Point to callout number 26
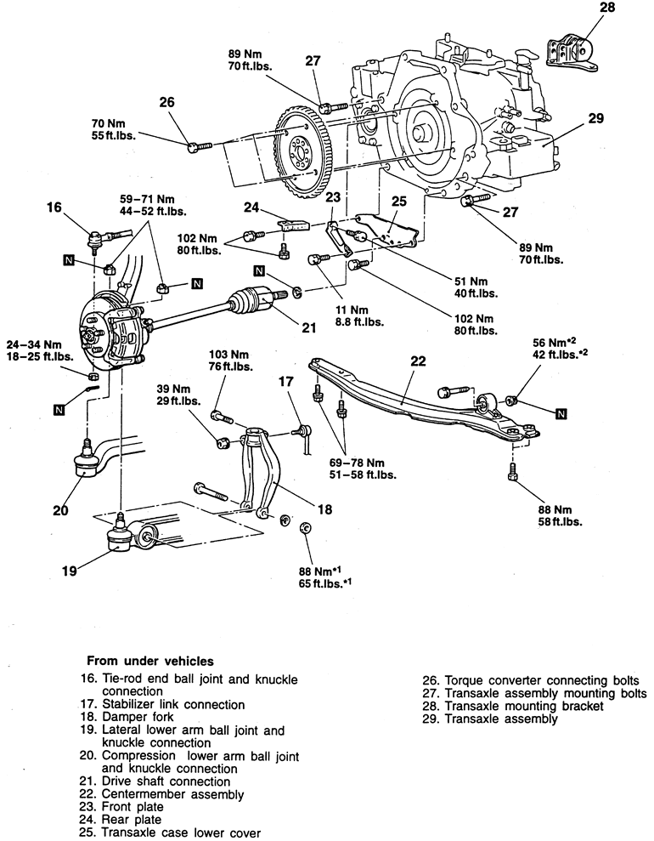(x=166, y=102)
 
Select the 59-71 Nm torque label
(x=153, y=204)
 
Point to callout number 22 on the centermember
(x=417, y=361)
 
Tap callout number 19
(x=72, y=571)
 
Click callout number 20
(x=59, y=511)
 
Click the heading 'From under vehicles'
(x=151, y=659)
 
